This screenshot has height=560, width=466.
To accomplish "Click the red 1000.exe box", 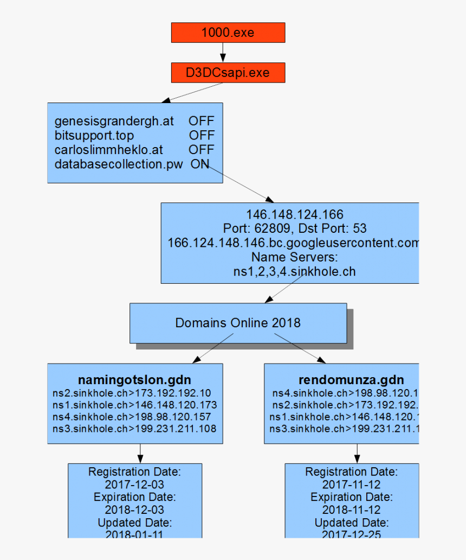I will click(x=228, y=33).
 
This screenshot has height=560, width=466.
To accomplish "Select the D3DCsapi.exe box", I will click(x=228, y=73).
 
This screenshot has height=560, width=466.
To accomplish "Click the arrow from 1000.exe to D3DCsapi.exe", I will click(x=222, y=53).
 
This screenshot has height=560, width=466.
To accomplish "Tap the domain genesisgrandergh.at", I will click(x=114, y=121).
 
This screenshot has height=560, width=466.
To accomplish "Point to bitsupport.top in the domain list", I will click(x=94, y=135).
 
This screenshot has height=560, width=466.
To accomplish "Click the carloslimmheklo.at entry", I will click(x=109, y=149).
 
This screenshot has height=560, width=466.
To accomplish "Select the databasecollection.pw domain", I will click(x=119, y=164).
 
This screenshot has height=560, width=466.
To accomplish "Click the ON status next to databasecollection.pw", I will click(x=200, y=164).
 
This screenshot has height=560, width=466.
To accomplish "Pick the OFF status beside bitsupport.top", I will click(x=202, y=135).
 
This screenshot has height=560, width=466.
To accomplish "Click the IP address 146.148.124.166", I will click(x=295, y=214).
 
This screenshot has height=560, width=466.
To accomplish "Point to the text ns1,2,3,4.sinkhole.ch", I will click(x=295, y=271).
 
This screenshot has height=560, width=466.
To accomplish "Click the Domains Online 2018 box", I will click(x=238, y=323).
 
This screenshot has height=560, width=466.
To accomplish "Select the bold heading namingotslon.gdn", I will click(x=134, y=379).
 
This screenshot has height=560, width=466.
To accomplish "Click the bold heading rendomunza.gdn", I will click(x=351, y=379).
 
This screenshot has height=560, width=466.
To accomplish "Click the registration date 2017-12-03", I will click(x=134, y=485).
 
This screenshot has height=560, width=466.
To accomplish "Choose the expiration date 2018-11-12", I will click(x=351, y=510).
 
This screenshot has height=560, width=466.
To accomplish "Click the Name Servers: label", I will click(x=295, y=257).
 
